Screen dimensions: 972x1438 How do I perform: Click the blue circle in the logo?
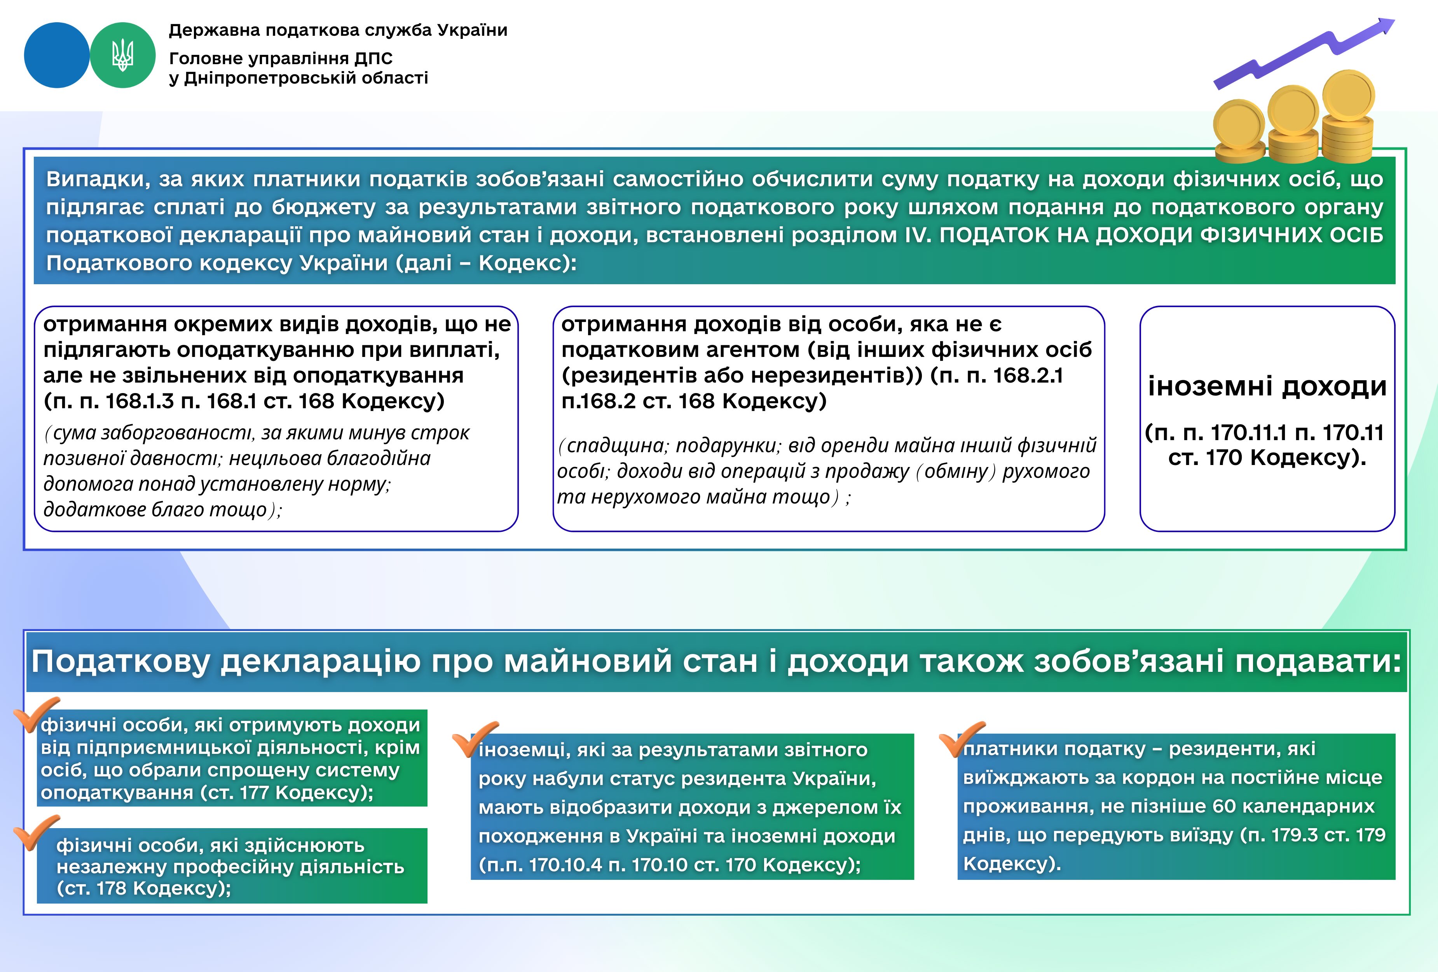click(x=56, y=55)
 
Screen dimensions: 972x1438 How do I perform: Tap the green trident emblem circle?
click(x=122, y=55)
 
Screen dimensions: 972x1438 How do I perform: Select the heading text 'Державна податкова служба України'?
click(x=338, y=30)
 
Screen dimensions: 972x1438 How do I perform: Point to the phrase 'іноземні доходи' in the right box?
click(x=1267, y=386)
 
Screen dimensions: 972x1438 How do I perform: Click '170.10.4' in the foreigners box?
click(x=565, y=865)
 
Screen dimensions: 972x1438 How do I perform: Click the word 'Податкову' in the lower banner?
click(x=120, y=661)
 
